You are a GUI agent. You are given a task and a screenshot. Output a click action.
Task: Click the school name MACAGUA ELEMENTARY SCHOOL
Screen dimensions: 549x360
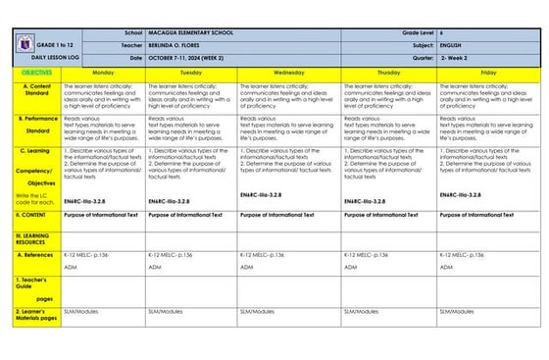[191, 33]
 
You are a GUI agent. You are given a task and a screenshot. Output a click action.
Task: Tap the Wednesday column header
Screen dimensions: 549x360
[288, 73]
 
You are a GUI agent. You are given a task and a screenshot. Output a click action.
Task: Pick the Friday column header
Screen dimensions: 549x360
[487, 73]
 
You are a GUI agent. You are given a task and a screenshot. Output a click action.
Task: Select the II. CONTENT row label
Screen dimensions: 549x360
[35, 214]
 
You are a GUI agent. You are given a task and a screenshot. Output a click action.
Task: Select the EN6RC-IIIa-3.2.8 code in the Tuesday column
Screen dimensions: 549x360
[169, 201]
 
